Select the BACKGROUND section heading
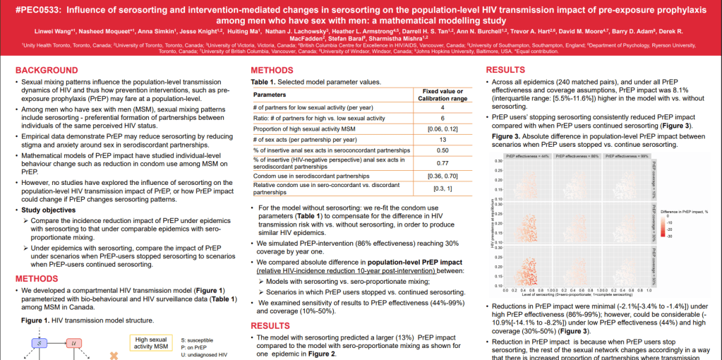[x=47, y=71]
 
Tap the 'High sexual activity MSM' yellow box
[x=150, y=342]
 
